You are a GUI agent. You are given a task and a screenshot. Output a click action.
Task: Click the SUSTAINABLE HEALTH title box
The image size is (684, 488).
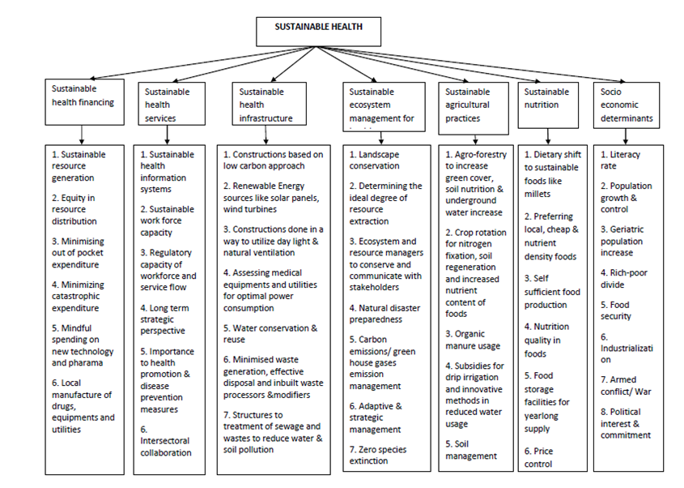318,30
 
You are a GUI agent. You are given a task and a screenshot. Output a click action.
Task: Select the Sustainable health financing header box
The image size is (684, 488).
84,102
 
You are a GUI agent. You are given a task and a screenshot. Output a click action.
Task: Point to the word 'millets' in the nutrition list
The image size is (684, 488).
538,194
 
